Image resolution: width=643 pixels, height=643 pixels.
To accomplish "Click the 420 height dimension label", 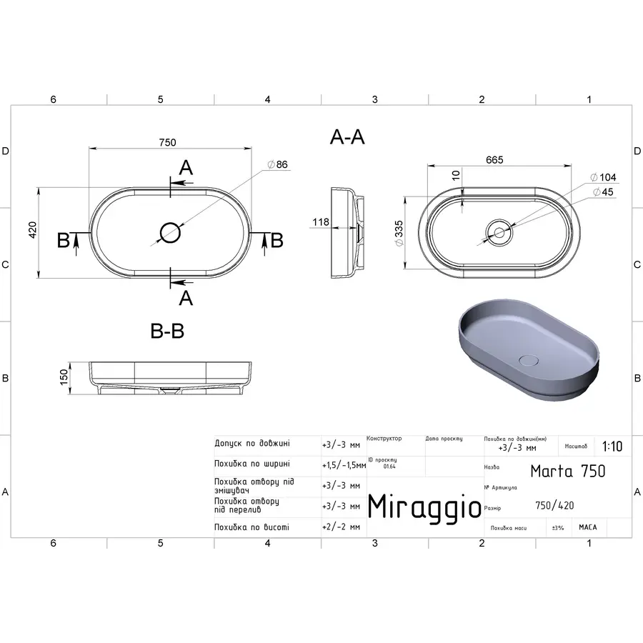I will [32, 230].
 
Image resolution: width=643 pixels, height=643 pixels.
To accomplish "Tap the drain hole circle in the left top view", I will [170, 231].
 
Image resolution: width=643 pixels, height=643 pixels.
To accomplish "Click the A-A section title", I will [347, 138].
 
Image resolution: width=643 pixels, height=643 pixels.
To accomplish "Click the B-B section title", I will [167, 332].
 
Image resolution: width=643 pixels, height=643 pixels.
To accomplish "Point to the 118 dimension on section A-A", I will [320, 222].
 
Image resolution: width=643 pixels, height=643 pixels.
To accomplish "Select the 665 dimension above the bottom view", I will [494, 160].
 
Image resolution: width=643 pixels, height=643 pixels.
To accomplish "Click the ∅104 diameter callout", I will [603, 177].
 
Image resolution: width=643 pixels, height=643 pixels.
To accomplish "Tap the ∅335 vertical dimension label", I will [400, 231].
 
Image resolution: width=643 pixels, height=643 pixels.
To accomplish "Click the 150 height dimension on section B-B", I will [63, 376].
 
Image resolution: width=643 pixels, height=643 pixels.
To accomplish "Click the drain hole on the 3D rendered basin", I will [529, 359].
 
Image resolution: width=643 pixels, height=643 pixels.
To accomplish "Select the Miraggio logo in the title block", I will [424, 507].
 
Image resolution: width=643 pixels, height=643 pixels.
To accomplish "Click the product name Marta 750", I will [567, 471].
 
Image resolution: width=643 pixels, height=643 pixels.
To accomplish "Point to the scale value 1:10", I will [612, 447].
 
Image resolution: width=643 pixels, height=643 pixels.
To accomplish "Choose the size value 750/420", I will [554, 506].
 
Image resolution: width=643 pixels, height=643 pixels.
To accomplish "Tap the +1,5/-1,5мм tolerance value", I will [344, 464].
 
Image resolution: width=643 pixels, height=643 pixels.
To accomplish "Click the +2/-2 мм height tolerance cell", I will [341, 527].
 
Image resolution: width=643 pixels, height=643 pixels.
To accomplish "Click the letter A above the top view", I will [186, 168].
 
